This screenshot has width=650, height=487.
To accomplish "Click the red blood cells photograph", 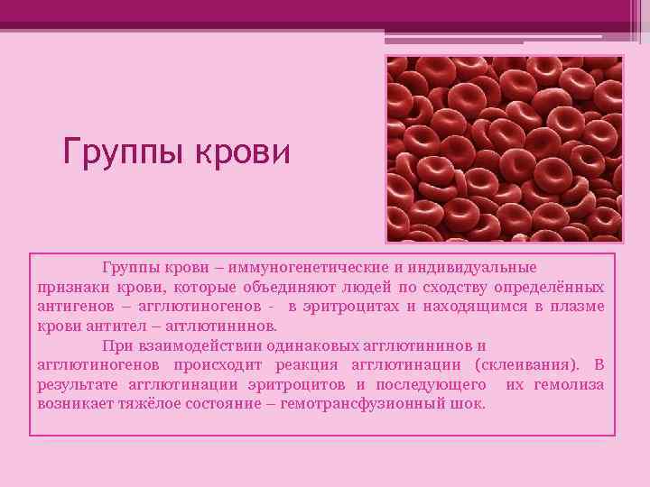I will click(x=504, y=149).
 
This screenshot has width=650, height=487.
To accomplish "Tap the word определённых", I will click(x=550, y=288).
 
